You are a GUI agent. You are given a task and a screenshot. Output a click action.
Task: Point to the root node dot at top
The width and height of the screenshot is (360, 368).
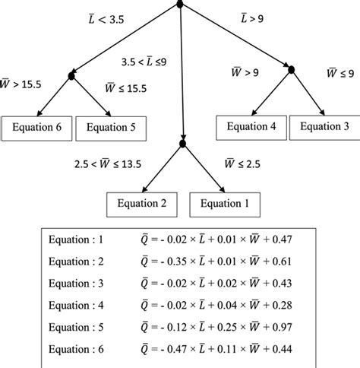(x=180, y=5)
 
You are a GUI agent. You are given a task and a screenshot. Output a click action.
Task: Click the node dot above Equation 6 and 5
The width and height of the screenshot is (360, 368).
(x=71, y=75)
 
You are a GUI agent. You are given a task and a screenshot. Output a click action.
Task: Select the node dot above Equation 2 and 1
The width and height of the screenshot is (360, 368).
(x=182, y=143)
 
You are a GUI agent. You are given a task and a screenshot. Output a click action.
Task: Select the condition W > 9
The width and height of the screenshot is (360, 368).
(x=245, y=73)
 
